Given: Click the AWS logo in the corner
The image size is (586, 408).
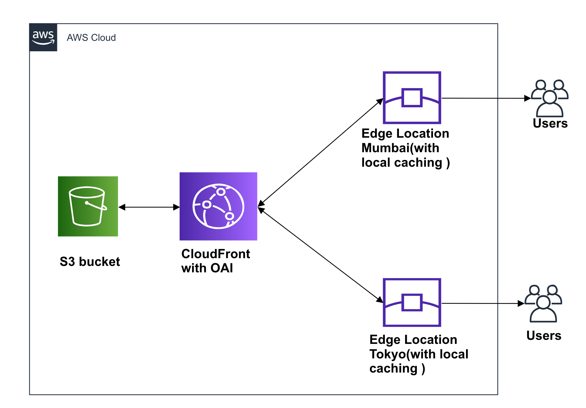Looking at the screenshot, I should pos(43,37).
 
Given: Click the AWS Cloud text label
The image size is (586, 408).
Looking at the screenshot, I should pos(91,37).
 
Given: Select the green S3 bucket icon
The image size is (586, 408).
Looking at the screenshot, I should pos(88,206).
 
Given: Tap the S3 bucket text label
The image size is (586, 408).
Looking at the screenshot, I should pos(90,262).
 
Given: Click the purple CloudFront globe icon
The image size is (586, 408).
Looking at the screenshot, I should pos(218,206).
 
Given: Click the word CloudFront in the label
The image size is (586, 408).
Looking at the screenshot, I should pos(216,254).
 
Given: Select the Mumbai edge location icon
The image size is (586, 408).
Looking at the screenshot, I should pos(412,98).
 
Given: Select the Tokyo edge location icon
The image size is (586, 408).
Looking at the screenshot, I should pos(412,302).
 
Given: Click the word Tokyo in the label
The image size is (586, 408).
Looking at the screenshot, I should pos(388,354).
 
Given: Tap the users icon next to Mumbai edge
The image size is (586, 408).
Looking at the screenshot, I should pos(550,98).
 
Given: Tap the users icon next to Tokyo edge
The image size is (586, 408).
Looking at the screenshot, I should pos(543,303).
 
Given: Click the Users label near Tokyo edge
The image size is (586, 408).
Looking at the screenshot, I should pos(544,335).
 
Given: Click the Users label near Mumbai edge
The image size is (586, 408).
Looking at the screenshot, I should pos(550,124).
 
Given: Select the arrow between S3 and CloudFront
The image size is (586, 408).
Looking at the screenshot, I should pos(149,207).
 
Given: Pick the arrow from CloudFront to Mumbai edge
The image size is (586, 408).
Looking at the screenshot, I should pos(320,152).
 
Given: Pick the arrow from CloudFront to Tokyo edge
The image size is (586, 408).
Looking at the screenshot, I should pos(320,255).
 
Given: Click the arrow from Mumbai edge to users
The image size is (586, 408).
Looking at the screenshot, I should pos(485,98).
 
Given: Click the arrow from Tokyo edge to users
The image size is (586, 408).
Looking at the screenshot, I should pos(482,303).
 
